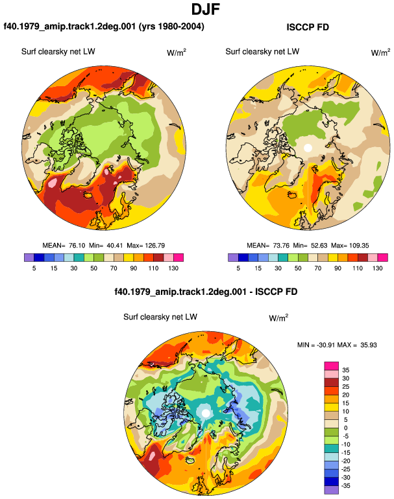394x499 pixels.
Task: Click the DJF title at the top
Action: click(206, 9)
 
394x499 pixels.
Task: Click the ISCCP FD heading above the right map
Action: click(308, 27)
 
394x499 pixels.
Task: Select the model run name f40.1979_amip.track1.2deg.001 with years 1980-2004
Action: click(104, 26)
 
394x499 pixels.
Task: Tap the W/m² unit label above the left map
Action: click(177, 52)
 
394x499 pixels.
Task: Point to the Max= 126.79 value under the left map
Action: click(145, 246)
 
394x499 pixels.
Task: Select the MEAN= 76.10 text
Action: click(64, 246)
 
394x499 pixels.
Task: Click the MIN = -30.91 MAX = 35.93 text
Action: click(337, 345)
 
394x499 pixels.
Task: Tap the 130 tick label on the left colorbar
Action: click(173, 268)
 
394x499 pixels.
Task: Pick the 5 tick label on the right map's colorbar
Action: click(238, 268)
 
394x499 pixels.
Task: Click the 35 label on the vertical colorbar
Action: click(345, 370)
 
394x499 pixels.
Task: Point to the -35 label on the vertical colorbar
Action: click(345, 486)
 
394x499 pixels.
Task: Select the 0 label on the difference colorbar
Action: click(346, 428)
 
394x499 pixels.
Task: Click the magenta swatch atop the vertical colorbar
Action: click(332, 366)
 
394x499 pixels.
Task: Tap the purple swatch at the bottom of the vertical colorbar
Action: click(332, 490)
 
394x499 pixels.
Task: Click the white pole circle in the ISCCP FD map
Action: click(308, 148)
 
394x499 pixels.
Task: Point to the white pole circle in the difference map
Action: click(206, 413)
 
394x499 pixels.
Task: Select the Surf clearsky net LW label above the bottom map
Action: click(160, 317)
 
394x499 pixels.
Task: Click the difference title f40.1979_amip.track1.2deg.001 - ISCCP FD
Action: click(206, 292)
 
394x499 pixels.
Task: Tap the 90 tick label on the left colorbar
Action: click(133, 268)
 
